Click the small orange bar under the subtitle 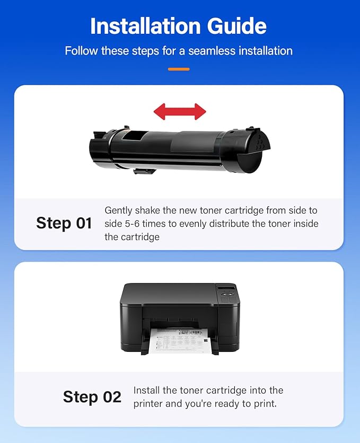pyautogui.click(x=179, y=69)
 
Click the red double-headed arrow pyautogui.click(x=180, y=111)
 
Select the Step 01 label pyautogui.click(x=64, y=223)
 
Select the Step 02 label pyautogui.click(x=92, y=397)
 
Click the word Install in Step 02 pyautogui.click(x=147, y=391)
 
